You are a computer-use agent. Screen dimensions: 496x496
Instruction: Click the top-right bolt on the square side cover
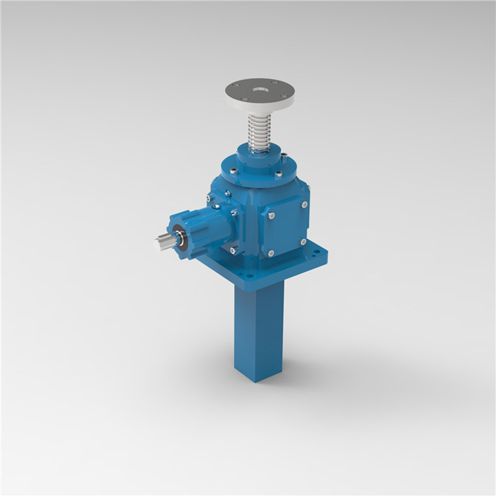(x=304, y=205)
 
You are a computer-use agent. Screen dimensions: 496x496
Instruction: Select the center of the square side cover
(x=288, y=228)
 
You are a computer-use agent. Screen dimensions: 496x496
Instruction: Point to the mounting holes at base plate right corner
(x=315, y=253)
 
